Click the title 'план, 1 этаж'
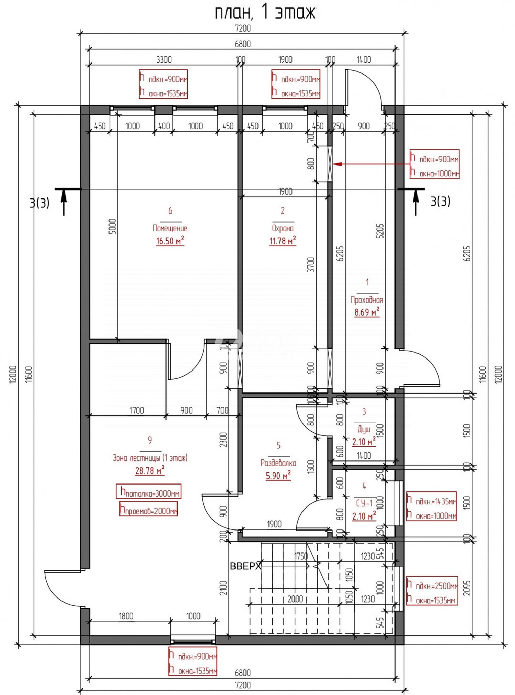[265, 13]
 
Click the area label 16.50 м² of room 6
[170, 241]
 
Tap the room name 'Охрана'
[283, 228]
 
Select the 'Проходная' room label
[367, 300]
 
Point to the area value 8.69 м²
[367, 312]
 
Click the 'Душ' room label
[364, 429]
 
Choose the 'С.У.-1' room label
[364, 503]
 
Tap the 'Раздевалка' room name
[278, 463]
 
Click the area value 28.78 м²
[150, 470]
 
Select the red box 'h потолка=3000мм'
[148, 491]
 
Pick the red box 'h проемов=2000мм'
[148, 509]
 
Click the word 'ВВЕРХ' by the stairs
[245, 566]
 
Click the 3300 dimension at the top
[164, 60]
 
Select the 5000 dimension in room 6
[112, 227]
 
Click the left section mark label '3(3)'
[39, 203]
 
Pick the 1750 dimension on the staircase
[301, 556]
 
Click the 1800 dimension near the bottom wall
[126, 616]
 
